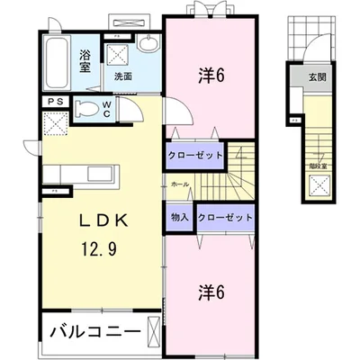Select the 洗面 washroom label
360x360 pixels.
[x=123, y=76]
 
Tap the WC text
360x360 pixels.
[x=106, y=109]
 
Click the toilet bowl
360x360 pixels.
[x=85, y=110]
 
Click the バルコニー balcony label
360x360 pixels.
[x=88, y=330]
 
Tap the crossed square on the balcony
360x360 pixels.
[x=152, y=330]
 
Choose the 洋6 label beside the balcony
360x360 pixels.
[x=211, y=292]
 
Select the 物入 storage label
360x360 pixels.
[x=178, y=217]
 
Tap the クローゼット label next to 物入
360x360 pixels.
[x=223, y=217]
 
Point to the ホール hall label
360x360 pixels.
[x=179, y=184]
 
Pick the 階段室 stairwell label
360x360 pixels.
[x=319, y=166]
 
